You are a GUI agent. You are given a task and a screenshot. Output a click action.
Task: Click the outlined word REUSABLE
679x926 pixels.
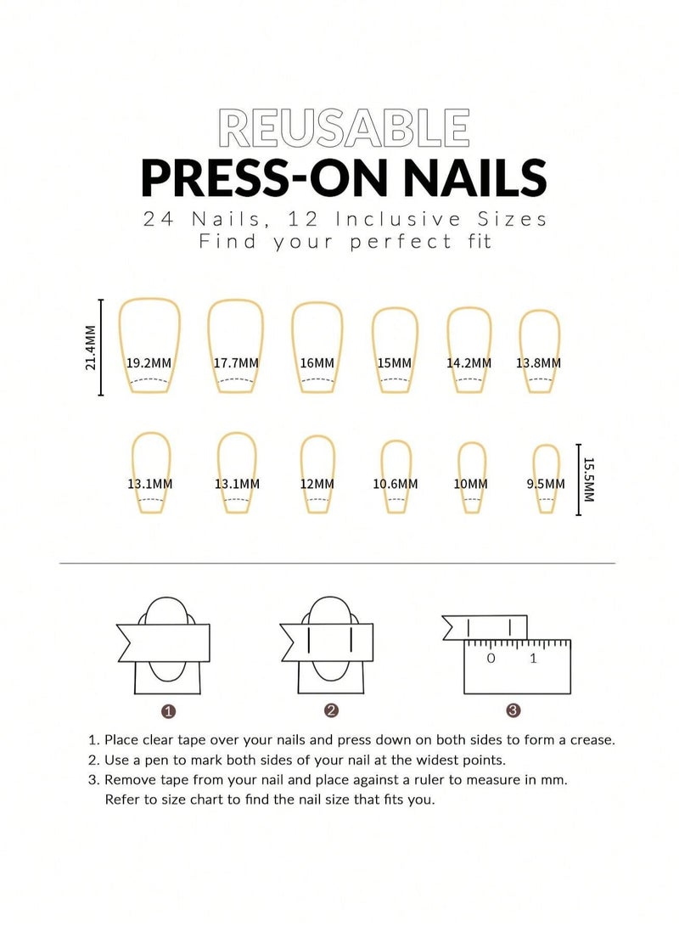point(343,128)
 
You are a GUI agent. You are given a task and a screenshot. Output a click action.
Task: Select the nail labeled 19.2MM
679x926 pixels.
point(150,348)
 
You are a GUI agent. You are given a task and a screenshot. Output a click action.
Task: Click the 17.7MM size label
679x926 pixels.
point(236,363)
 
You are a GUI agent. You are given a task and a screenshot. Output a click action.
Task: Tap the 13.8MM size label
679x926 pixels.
point(538,363)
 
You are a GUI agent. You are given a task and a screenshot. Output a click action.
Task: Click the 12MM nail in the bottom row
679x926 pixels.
point(317,474)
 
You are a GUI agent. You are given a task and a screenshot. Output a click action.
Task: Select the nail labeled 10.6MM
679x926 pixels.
point(396,476)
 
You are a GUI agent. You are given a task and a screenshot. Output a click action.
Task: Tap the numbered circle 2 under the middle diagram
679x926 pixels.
point(331,710)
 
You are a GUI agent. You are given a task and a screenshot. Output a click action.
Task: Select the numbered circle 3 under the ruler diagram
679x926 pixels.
point(512,710)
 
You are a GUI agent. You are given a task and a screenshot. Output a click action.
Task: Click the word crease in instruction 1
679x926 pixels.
point(591,740)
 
